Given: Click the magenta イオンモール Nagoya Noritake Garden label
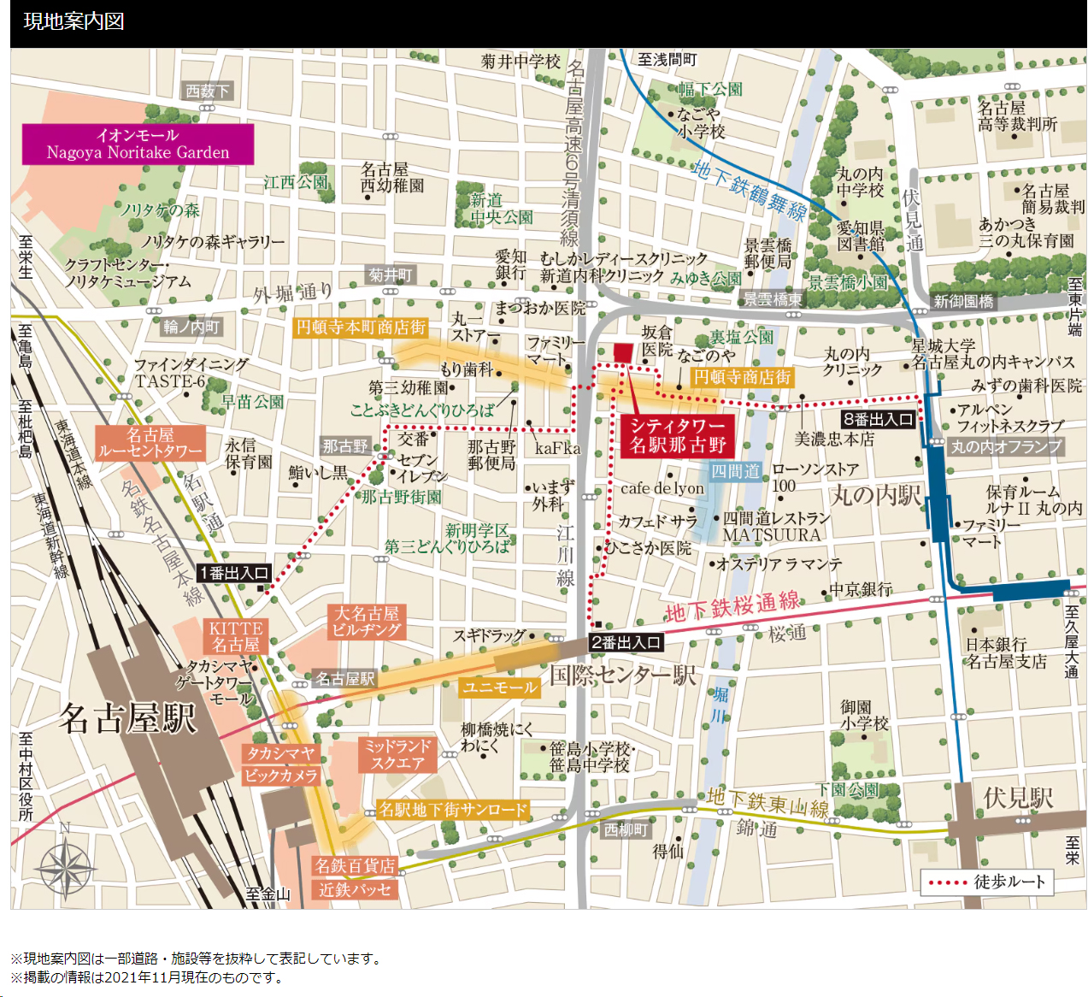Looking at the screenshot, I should (x=138, y=144).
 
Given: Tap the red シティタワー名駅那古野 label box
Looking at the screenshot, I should (x=678, y=435).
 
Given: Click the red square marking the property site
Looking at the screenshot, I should (x=623, y=352).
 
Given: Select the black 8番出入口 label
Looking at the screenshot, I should (x=878, y=419).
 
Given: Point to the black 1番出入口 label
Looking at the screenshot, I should (x=234, y=573).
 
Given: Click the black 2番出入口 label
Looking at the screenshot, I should (x=626, y=642).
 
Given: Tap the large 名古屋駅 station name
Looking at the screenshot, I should (x=127, y=718).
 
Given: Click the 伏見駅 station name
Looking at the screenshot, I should (x=1017, y=798).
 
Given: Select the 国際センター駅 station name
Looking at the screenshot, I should (x=622, y=675).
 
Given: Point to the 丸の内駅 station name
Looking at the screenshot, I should (x=876, y=495).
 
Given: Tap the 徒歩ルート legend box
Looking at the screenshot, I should (x=986, y=882).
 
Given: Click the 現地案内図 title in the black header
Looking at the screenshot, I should (x=74, y=21).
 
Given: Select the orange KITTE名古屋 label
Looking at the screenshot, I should (x=236, y=636).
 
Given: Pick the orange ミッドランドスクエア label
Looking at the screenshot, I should (x=397, y=755).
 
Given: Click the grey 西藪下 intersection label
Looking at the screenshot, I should (x=208, y=91).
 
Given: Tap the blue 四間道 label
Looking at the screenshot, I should (x=735, y=471).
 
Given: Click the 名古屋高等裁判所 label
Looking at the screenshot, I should (x=1017, y=116).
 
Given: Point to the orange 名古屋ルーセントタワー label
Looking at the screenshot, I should (x=150, y=443).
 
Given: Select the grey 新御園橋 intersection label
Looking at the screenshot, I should (x=963, y=301).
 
